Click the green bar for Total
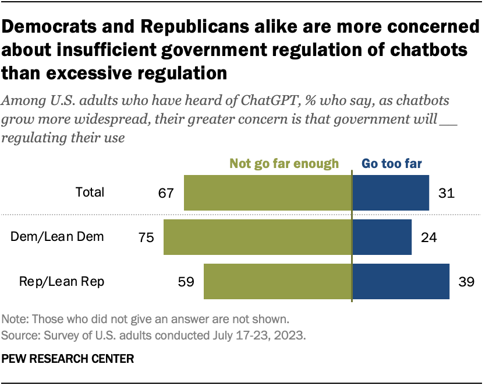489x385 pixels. (268, 192)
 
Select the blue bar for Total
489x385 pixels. (391, 192)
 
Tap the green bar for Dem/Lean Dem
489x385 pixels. (258, 237)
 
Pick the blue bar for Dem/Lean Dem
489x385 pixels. (382, 237)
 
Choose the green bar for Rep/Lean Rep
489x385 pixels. (278, 282)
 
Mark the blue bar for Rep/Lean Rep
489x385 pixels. (401, 282)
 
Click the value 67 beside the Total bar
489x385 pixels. (166, 192)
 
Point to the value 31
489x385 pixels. (446, 192)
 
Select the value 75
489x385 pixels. (146, 237)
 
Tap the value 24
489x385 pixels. (428, 237)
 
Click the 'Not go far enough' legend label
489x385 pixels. (284, 163)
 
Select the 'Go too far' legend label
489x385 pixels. (392, 163)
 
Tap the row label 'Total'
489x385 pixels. (90, 192)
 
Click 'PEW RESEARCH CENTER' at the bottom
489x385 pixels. (68, 358)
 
